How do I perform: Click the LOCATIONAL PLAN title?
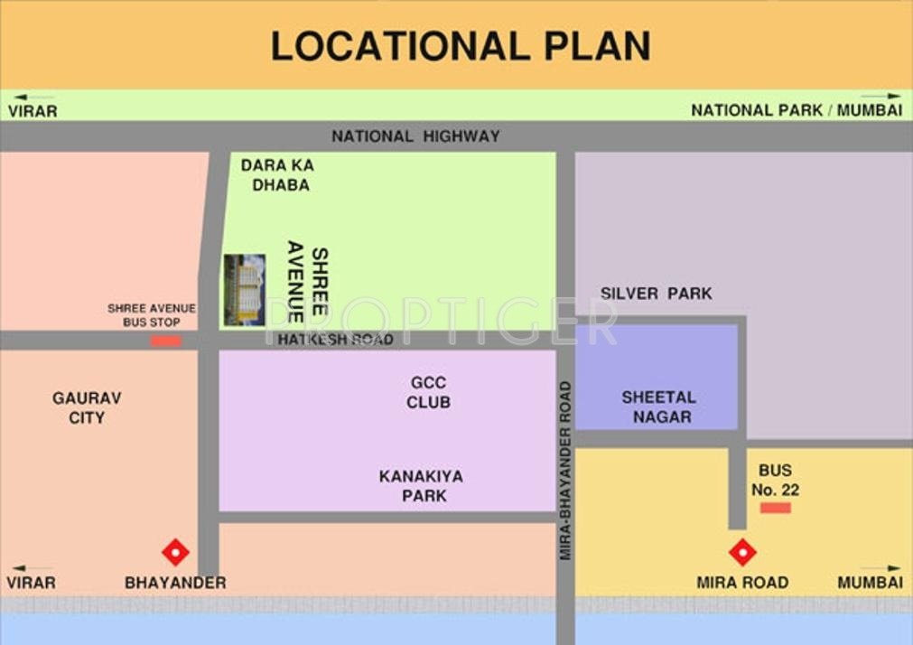coord(461,46)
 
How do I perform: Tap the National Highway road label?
coord(415,136)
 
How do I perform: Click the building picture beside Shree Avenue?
coord(245,290)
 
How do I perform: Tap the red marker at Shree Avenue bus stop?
coord(166,341)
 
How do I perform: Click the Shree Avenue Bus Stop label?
coord(152,315)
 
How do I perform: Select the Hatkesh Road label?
coord(335,340)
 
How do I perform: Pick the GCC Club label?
coord(428,393)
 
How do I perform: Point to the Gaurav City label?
coord(87,407)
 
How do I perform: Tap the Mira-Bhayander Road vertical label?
coord(565,470)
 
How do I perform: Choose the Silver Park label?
coord(657,294)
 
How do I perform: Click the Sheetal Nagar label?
coord(658,407)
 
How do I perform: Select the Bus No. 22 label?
coord(775,481)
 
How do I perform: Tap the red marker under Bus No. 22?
coord(775,508)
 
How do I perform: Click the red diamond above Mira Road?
coord(742,551)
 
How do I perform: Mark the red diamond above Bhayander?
coord(175,551)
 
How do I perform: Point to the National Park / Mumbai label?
coord(797,110)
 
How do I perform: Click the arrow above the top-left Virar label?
coord(33,97)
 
